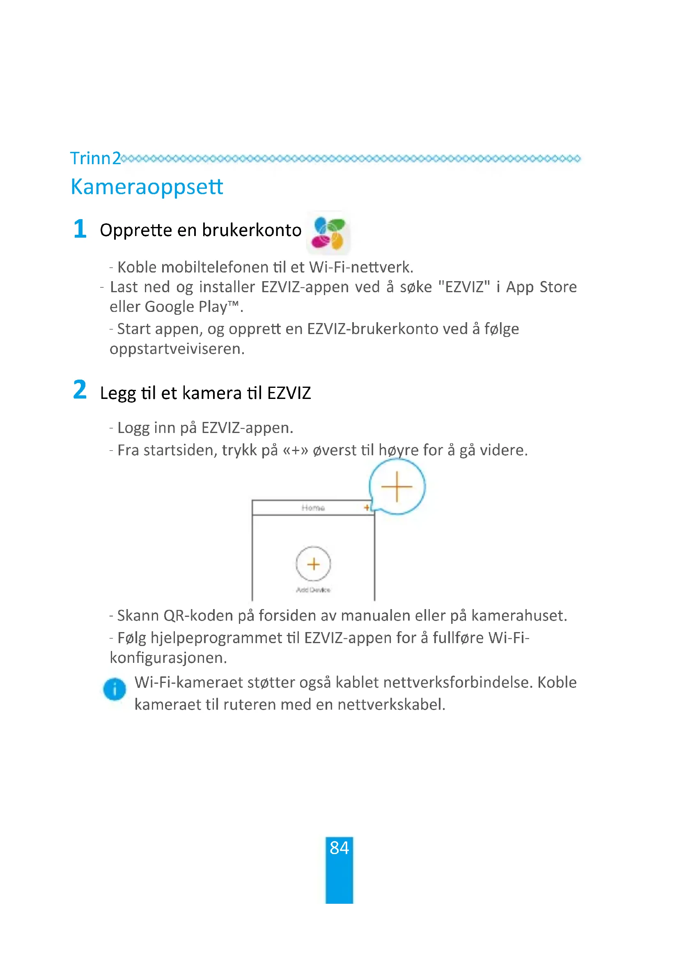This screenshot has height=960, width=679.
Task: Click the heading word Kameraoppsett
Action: [147, 187]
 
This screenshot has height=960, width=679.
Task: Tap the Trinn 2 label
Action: [95, 158]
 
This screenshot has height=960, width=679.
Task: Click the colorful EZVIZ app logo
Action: [329, 233]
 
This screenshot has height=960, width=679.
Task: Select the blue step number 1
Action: [80, 229]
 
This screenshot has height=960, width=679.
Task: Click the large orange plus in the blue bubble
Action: [397, 486]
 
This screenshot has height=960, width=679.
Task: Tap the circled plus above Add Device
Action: [313, 564]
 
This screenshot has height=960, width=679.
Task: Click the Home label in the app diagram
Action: [313, 508]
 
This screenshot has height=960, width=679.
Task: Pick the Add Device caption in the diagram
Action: [313, 590]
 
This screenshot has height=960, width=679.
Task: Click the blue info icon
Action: [115, 689]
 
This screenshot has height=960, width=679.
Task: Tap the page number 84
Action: [339, 848]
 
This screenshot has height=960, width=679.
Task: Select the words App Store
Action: [541, 287]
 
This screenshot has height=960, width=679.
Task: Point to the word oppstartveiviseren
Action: [177, 349]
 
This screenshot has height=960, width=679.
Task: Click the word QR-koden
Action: [198, 616]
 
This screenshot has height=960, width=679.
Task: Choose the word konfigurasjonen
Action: [168, 658]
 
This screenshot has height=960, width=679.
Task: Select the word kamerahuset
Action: [519, 616]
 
